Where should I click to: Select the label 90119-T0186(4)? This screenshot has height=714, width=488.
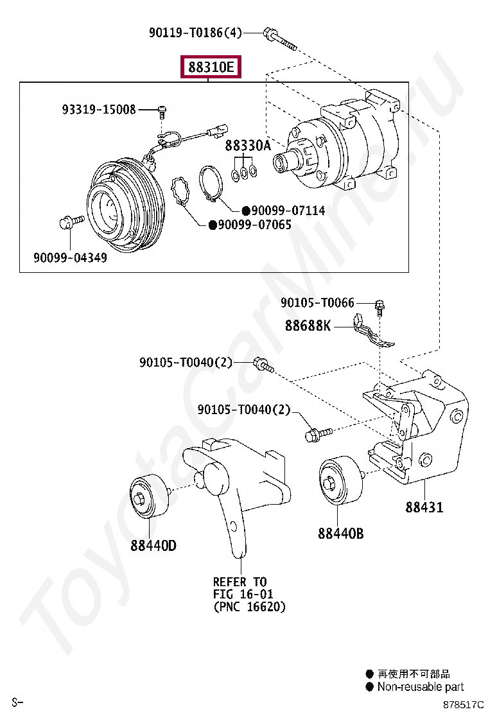tap(195, 32)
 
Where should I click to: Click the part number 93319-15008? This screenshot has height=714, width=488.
tap(99, 110)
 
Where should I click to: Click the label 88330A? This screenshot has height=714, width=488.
tap(248, 146)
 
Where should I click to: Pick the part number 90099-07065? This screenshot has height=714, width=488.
tap(254, 225)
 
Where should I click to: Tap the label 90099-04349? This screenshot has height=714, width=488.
tap(70, 258)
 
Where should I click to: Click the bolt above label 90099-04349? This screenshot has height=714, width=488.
tap(70, 222)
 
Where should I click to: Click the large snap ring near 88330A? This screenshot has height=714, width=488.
tap(211, 183)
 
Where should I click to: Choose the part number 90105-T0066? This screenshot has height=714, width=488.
tap(317, 302)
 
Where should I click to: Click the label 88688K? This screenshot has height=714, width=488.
tap(308, 326)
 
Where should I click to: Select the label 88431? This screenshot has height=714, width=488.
tap(424, 507)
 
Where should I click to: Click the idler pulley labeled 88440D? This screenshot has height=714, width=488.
tap(150, 496)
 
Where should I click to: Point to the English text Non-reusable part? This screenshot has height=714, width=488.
tap(420, 687)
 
